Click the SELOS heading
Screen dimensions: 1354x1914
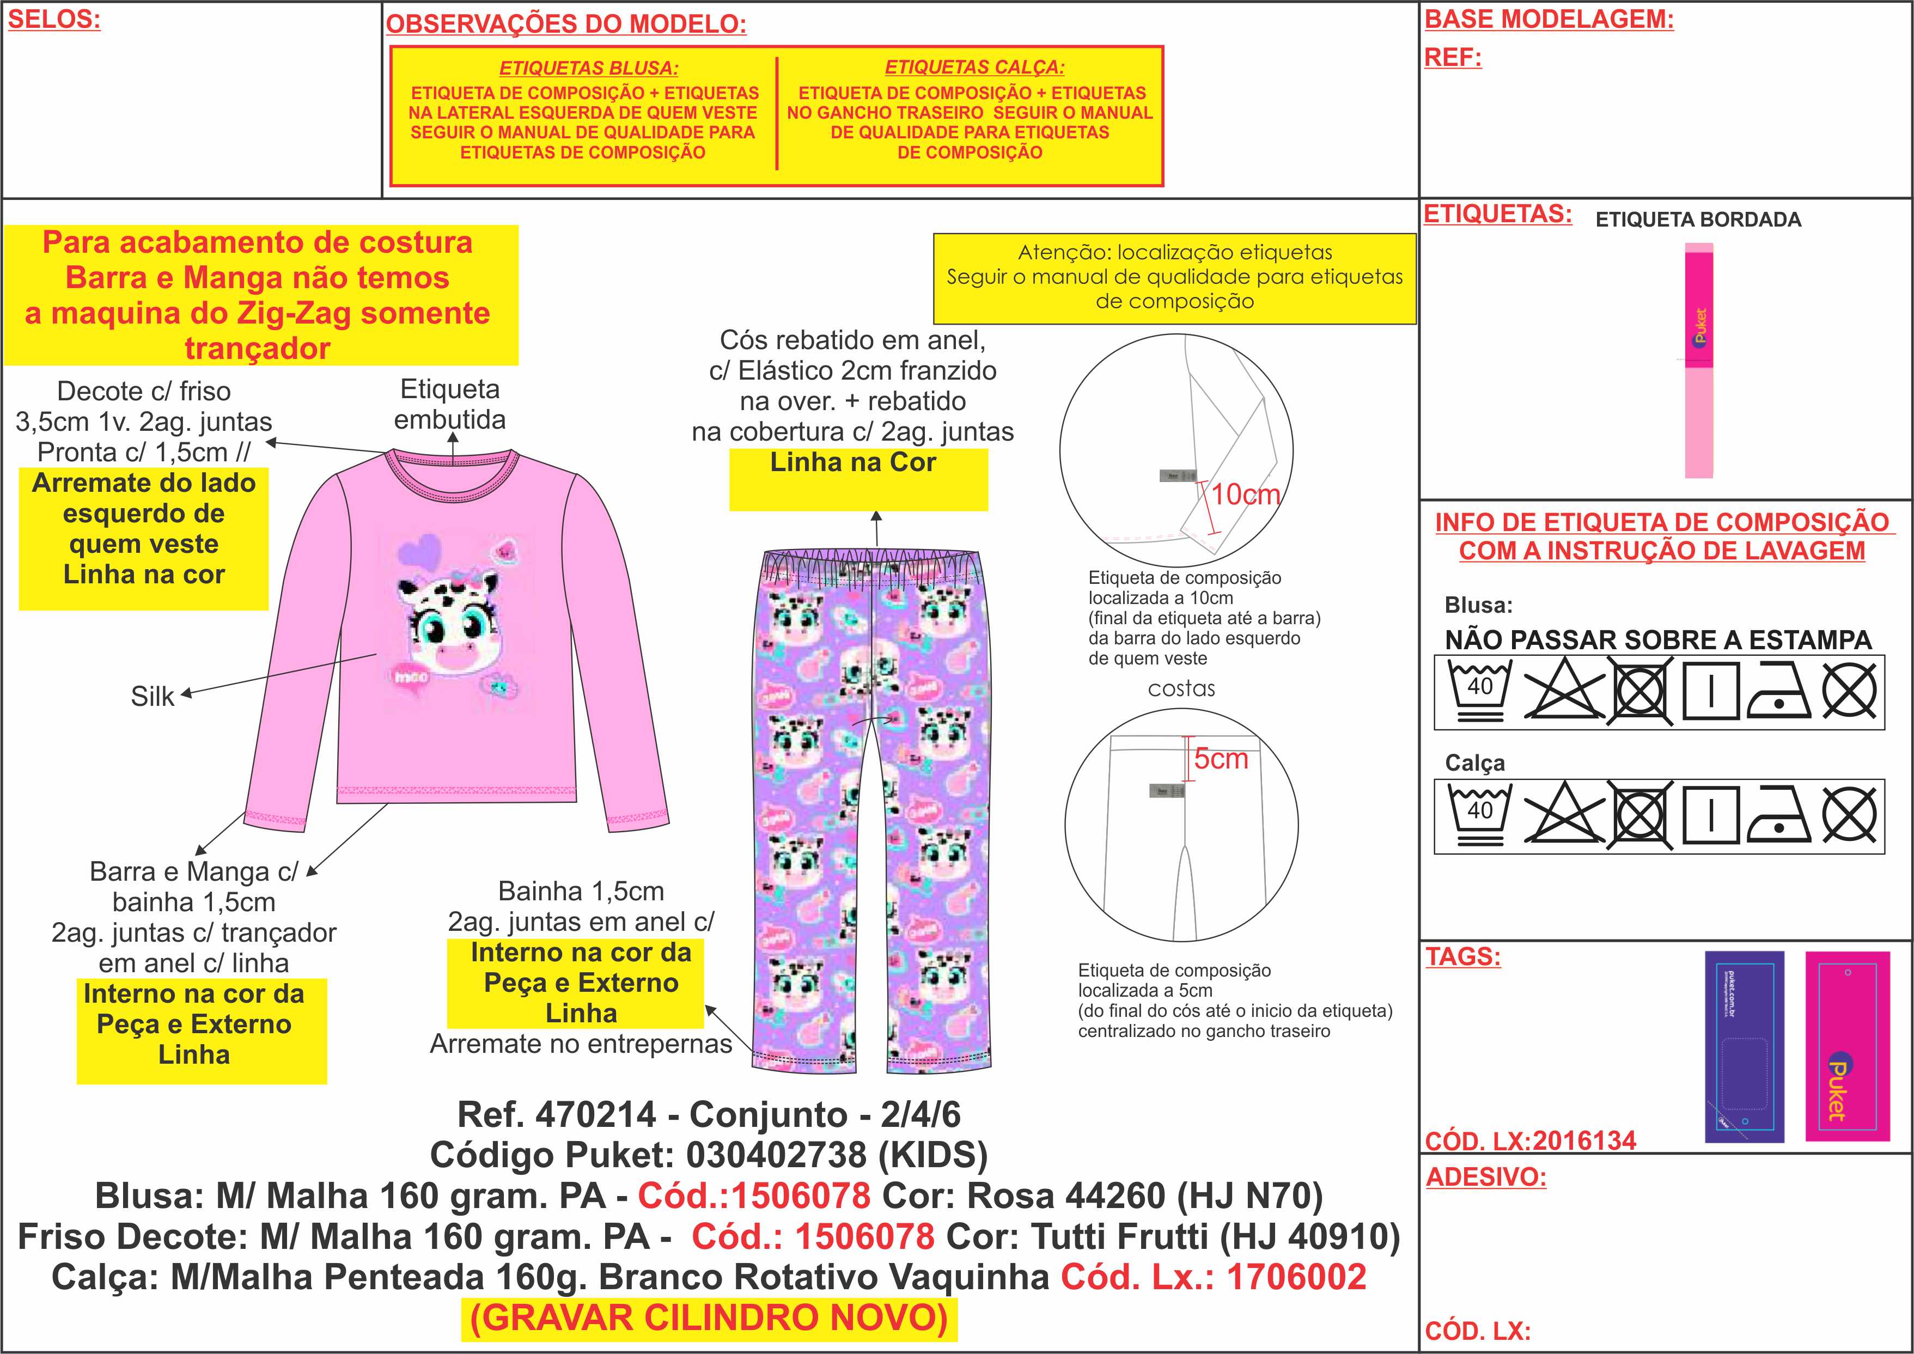(x=54, y=20)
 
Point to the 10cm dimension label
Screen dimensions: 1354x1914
(x=1246, y=495)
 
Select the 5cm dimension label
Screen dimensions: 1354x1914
(x=1221, y=759)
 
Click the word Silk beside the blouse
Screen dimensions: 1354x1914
(x=153, y=696)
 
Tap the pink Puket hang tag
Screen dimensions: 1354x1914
(x=1846, y=1046)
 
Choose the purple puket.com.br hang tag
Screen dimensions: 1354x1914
(x=1744, y=1046)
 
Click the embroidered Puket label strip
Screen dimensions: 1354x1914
(x=1699, y=360)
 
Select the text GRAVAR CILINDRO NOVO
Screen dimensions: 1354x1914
(x=709, y=1318)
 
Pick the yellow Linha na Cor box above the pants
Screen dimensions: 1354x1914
(x=858, y=479)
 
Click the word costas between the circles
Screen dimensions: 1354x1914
(x=1181, y=688)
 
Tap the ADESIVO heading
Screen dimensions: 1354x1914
(x=1485, y=1177)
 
